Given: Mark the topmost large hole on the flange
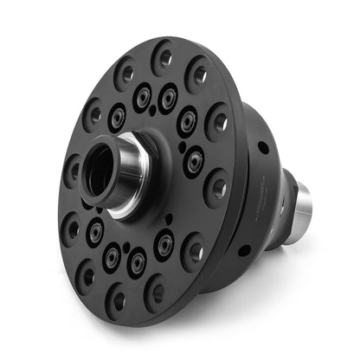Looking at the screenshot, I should [162, 58].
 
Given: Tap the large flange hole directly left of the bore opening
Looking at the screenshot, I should [73, 170].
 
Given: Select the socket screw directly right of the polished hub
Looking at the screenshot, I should [194, 161].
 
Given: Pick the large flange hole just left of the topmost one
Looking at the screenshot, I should [123, 73].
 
